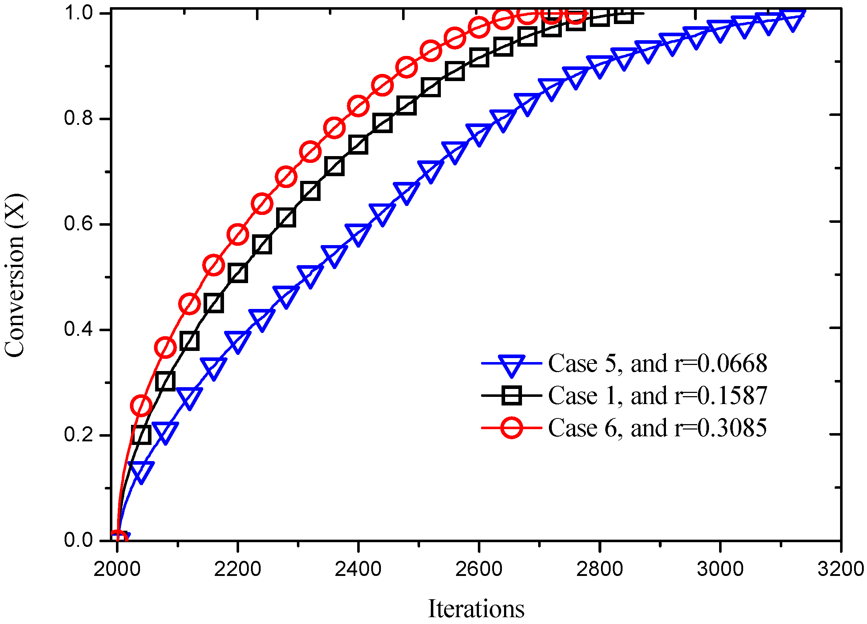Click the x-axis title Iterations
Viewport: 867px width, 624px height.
476,608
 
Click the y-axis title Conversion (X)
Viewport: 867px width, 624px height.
14,276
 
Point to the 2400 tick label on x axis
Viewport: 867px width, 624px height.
358,569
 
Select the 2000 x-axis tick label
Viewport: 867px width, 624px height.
117,569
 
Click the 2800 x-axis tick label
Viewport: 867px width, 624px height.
600,569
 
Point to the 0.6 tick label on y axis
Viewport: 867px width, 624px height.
78,224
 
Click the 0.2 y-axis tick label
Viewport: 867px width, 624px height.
78,435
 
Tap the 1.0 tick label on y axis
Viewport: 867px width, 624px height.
78,13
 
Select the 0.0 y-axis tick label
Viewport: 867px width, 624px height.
78,540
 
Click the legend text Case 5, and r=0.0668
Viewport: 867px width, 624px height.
657,363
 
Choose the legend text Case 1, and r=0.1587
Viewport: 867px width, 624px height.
657,395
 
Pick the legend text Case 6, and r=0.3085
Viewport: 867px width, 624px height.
657,428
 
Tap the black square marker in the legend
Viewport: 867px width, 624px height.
512,395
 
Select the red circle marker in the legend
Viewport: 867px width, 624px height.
512,428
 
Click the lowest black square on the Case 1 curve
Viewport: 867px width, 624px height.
141,435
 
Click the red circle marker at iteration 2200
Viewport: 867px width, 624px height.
237,234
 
